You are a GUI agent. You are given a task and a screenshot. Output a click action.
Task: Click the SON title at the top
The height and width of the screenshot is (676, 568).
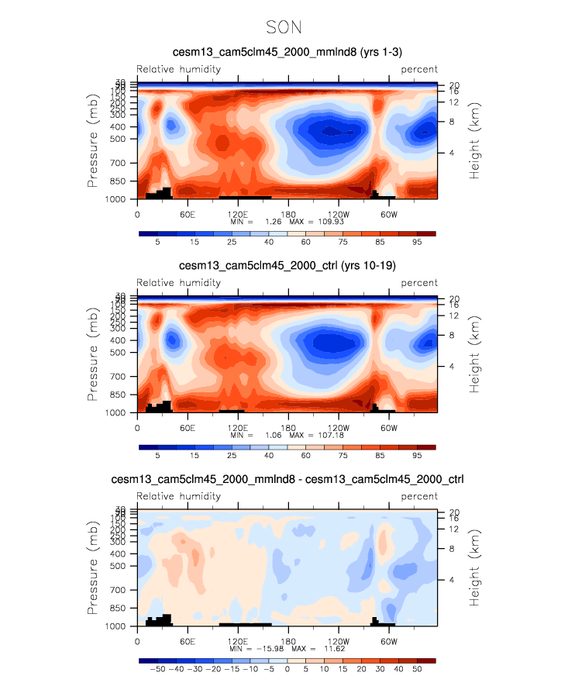[x=284, y=27]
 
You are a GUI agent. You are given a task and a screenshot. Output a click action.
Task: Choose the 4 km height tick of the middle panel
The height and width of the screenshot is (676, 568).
[x=451, y=366]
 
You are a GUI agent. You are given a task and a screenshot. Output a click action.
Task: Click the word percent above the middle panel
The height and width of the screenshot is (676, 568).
[x=419, y=283]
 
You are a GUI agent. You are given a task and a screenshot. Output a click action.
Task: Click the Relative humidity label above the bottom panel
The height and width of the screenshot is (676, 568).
[x=179, y=496]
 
